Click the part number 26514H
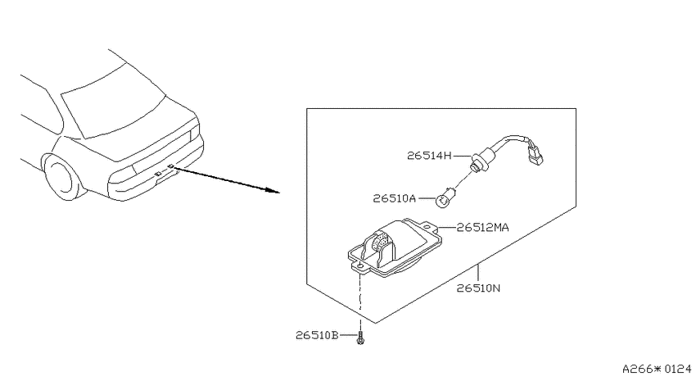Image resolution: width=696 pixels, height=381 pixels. click(429, 156)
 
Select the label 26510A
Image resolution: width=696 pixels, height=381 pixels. click(394, 198)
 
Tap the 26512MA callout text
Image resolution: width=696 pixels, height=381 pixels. click(482, 227)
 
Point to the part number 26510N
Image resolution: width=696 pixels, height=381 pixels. click(478, 288)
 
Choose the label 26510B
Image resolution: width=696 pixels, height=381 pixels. click(317, 335)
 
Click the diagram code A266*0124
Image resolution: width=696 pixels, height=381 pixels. click(657, 369)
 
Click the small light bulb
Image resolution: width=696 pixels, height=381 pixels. click(444, 200)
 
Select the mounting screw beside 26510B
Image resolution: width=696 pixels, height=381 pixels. click(360, 338)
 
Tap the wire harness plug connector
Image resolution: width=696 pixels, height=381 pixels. click(535, 152)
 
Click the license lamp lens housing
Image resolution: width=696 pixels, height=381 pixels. click(395, 247)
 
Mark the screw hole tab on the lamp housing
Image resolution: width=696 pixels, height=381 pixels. click(359, 267)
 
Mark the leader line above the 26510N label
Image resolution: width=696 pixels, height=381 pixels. click(478, 273)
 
